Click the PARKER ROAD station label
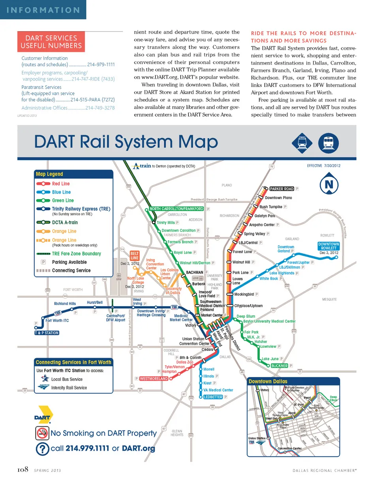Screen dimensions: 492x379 [x=281, y=189]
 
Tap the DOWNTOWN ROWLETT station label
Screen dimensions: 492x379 [x=328, y=246]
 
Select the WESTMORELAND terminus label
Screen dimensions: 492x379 [x=154, y=379]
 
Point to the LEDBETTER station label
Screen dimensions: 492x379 [x=213, y=397]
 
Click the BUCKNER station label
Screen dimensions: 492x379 [x=279, y=366]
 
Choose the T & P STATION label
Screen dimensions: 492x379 [x=47, y=333]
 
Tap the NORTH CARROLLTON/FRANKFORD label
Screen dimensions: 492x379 [x=176, y=209]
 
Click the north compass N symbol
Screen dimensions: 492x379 [x=328, y=185]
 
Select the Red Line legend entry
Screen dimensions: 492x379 [x=60, y=184]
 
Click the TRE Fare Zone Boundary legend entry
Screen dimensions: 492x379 [x=76, y=254]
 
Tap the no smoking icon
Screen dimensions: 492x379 [x=42, y=433]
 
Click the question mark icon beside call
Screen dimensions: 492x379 [x=42, y=449]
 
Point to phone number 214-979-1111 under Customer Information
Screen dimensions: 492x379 [x=101, y=64]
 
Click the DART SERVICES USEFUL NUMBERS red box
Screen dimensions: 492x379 [x=51, y=42]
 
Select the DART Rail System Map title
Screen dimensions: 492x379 [x=126, y=142]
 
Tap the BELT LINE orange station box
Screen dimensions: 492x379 [x=135, y=255]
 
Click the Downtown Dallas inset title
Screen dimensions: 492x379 [x=268, y=381]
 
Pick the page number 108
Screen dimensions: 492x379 [x=23, y=469]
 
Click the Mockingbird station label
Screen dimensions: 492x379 [x=244, y=294]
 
